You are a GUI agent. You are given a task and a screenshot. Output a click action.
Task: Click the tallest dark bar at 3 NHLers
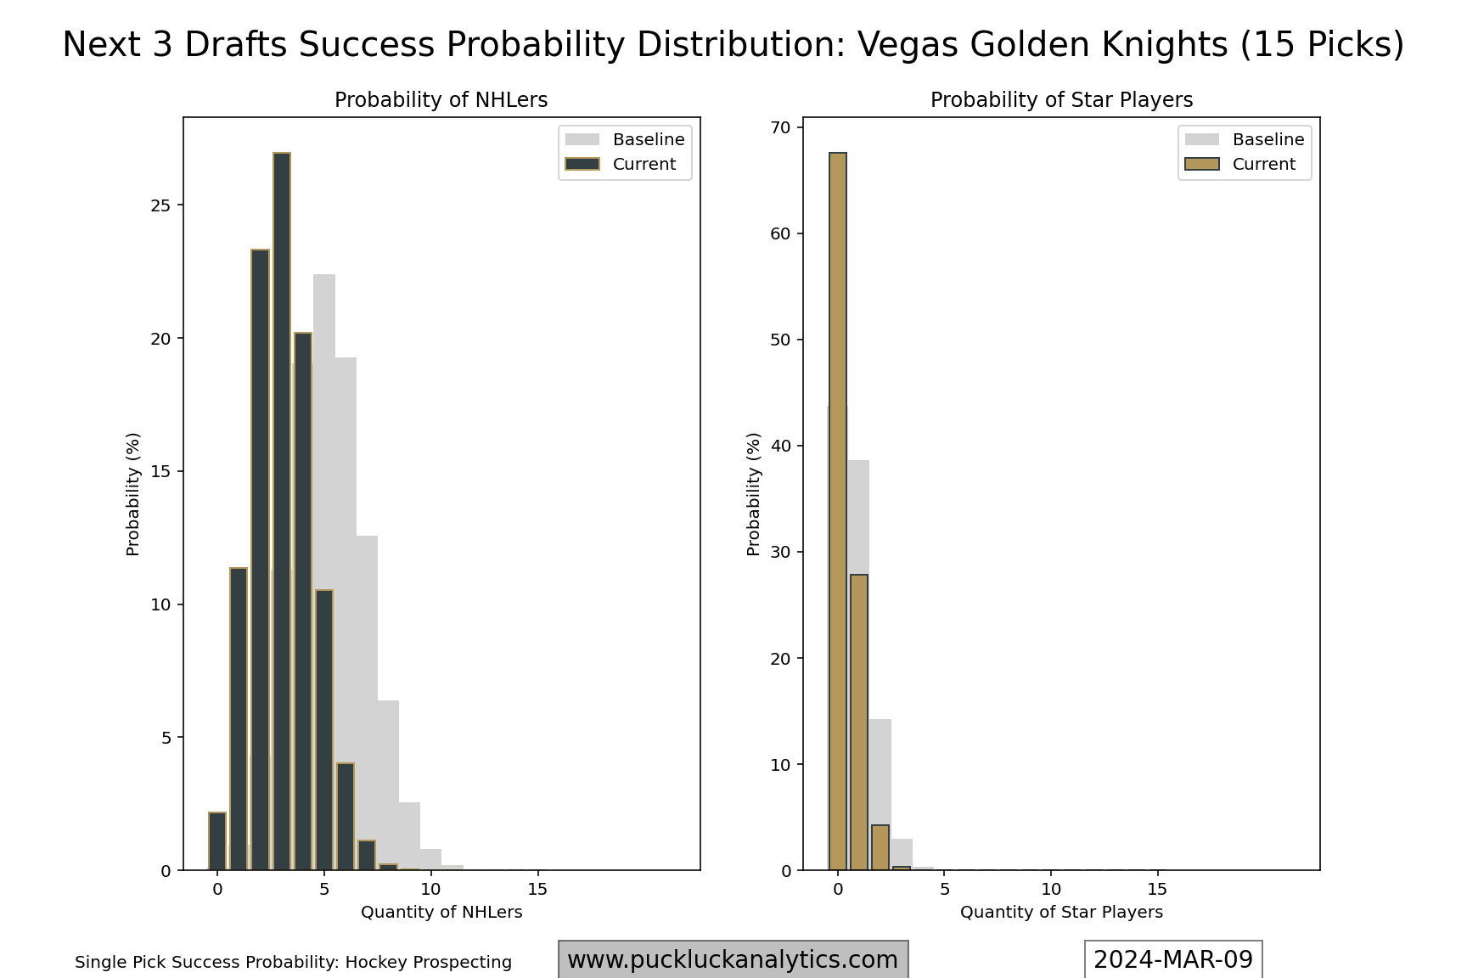[282, 509]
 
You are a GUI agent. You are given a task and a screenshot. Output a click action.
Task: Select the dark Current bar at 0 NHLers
[217, 841]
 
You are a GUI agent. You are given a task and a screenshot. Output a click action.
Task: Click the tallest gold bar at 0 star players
[838, 509]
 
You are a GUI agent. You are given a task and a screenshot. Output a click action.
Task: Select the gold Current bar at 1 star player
[859, 722]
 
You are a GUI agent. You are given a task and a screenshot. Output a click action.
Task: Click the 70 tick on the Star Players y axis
[780, 127]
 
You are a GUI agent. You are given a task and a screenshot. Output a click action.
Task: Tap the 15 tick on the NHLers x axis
[537, 889]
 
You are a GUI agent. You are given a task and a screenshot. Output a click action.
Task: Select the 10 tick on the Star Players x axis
[1051, 889]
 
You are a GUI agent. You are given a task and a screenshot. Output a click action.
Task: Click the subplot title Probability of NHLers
[441, 100]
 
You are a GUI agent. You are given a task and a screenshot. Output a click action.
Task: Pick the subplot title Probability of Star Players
[1061, 100]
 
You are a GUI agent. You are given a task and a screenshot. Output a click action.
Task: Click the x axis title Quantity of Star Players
[1061, 912]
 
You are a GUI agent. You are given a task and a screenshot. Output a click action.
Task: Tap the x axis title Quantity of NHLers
[441, 912]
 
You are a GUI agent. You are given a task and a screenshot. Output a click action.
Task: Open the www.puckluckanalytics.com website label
[733, 959]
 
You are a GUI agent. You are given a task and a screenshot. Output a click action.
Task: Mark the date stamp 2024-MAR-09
[1173, 959]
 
